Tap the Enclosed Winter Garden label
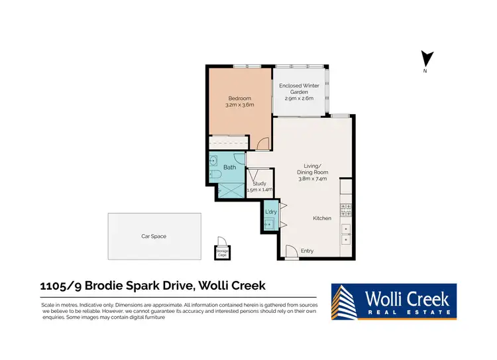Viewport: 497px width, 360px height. click(x=299, y=86)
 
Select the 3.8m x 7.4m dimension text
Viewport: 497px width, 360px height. click(x=311, y=178)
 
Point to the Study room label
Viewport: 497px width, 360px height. click(x=259, y=184)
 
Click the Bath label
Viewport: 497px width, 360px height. click(x=229, y=167)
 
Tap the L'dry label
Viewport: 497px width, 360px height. click(x=270, y=211)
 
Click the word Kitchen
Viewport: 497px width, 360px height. click(x=322, y=218)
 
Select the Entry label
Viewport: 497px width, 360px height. click(x=307, y=251)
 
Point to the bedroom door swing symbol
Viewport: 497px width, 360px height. click(x=263, y=143)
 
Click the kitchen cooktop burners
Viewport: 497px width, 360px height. click(x=345, y=210)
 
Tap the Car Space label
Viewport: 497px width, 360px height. click(x=154, y=236)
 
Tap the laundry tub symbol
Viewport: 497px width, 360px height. click(x=269, y=224)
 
